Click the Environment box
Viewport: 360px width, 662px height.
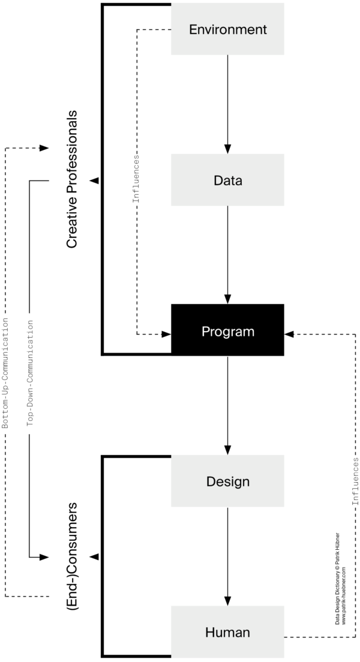click(x=227, y=29)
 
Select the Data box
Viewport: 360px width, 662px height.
click(x=227, y=180)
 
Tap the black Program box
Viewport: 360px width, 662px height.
click(x=227, y=331)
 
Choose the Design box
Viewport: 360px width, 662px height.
click(x=227, y=482)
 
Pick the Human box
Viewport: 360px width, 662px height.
click(x=227, y=632)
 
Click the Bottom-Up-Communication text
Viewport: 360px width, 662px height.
click(x=5, y=372)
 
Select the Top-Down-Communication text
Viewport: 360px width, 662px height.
click(x=30, y=372)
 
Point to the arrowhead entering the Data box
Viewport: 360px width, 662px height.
click(x=227, y=149)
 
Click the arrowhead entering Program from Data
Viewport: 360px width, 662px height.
click(x=227, y=300)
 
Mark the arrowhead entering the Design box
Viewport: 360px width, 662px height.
click(x=227, y=450)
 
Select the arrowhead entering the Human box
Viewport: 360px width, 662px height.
click(x=227, y=601)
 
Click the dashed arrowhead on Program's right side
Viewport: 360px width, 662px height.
click(x=289, y=334)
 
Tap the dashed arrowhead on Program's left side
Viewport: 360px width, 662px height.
click(x=166, y=334)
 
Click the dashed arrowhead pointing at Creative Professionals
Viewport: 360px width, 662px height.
click(x=44, y=148)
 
